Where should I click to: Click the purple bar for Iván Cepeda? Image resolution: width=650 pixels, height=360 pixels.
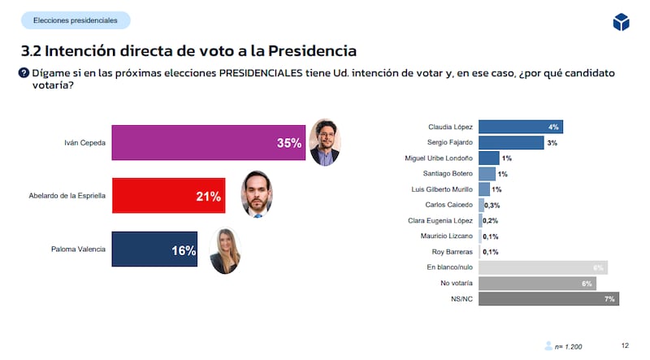coord(207,142)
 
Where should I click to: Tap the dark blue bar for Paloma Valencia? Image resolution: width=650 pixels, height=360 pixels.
coord(154,250)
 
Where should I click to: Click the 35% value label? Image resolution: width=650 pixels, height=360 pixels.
coord(288,143)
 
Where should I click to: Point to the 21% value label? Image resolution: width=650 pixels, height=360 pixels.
coord(208,197)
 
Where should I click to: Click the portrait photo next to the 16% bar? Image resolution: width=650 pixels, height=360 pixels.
coord(225,251)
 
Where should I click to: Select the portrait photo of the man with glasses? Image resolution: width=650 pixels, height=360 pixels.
coord(325,143)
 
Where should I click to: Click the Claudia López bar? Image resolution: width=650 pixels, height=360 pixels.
coord(520,127)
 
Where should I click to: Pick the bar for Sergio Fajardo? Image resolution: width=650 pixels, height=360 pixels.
coord(510,142)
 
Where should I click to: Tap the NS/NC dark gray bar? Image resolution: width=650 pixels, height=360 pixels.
coord(548,299)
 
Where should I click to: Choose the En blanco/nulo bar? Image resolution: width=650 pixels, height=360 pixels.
coord(543,267)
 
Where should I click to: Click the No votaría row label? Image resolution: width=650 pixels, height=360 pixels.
coord(455,284)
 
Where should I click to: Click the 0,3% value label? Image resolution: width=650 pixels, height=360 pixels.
coord(492,206)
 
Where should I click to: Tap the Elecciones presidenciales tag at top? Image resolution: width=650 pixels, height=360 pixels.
coord(75,20)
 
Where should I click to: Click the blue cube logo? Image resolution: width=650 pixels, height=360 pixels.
coord(621,23)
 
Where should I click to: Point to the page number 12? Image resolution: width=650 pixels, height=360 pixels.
coord(625,345)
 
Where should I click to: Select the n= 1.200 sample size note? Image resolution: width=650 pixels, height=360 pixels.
coord(568,347)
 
